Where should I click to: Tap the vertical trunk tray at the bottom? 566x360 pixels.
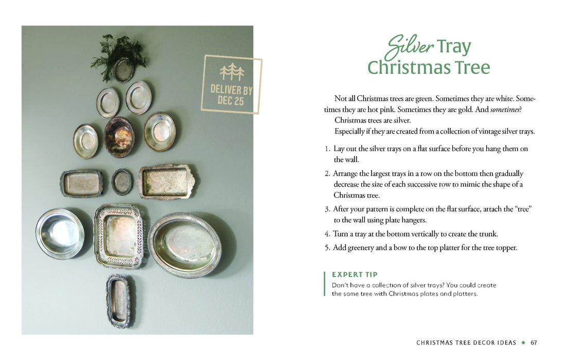coord(119,300)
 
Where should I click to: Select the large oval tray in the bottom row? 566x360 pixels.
coord(184,244)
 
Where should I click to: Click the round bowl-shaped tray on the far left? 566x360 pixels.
coord(60,233)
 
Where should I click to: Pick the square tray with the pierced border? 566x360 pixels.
coord(119,236)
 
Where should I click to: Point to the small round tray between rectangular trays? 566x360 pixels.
coord(122,182)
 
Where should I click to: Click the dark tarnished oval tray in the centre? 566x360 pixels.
coord(119,136)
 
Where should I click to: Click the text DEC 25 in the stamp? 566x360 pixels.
coord(231,101)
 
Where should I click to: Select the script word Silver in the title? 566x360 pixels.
coord(410,46)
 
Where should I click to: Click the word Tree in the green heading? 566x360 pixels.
coord(470,67)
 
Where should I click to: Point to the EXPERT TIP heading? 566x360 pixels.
coord(355,275)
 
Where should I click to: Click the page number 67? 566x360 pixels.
coord(534,343)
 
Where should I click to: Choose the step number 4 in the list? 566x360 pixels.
coord(327,234)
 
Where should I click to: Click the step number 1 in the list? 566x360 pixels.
coord(327,149)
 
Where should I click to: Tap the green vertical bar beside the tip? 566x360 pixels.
coord(325,284)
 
